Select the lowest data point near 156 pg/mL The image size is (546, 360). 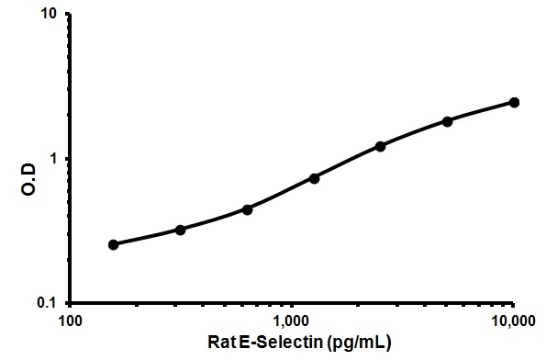(114, 244)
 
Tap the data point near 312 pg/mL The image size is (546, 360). (181, 230)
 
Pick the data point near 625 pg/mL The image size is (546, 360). (247, 208)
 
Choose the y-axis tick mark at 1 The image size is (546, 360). (66, 159)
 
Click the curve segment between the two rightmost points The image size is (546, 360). (481, 110)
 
